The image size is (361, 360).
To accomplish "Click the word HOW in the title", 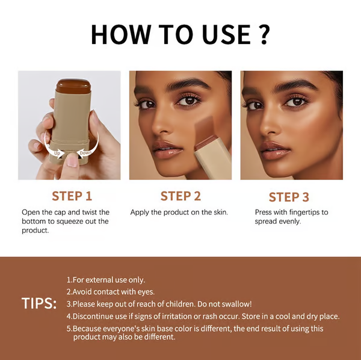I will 119,35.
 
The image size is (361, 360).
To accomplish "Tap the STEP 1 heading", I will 72,196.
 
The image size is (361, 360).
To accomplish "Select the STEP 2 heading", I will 180,196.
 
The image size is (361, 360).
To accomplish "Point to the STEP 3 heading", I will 289,197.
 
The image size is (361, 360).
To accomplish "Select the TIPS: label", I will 39,303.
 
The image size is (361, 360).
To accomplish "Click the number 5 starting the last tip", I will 68,329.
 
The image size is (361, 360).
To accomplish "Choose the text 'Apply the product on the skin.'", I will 179,213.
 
